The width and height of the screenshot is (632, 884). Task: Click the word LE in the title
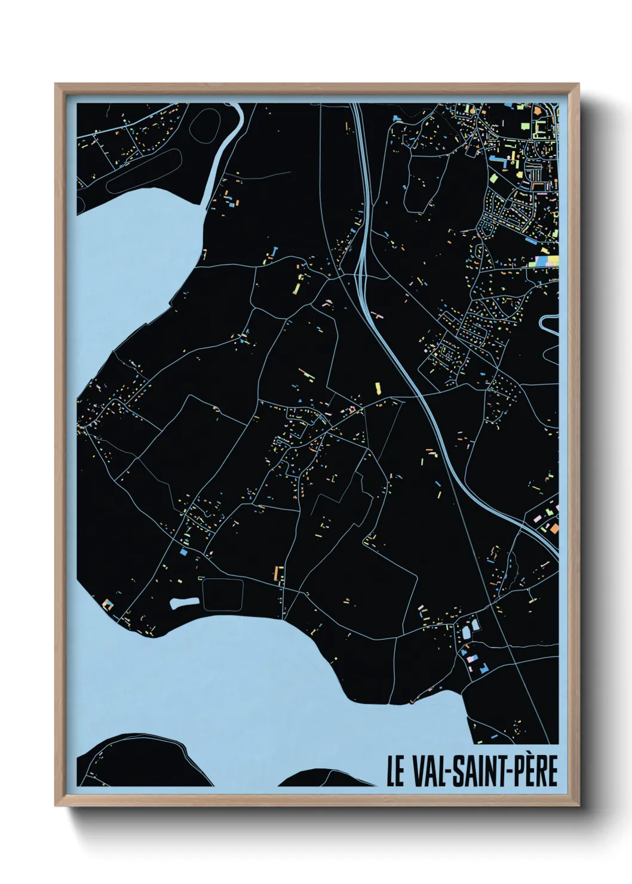tap(395, 771)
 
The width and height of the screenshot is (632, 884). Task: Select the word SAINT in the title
tap(477, 771)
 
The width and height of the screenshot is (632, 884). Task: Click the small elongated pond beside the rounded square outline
tap(184, 603)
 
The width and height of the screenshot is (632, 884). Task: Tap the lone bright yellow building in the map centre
tap(378, 388)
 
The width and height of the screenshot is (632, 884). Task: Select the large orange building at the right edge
tap(554, 528)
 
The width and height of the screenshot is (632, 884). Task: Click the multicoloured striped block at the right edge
tap(547, 261)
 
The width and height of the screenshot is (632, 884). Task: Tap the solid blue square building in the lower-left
tap(183, 553)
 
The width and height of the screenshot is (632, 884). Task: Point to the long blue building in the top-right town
tap(513, 159)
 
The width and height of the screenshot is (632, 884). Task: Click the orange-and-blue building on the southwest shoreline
tap(108, 604)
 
